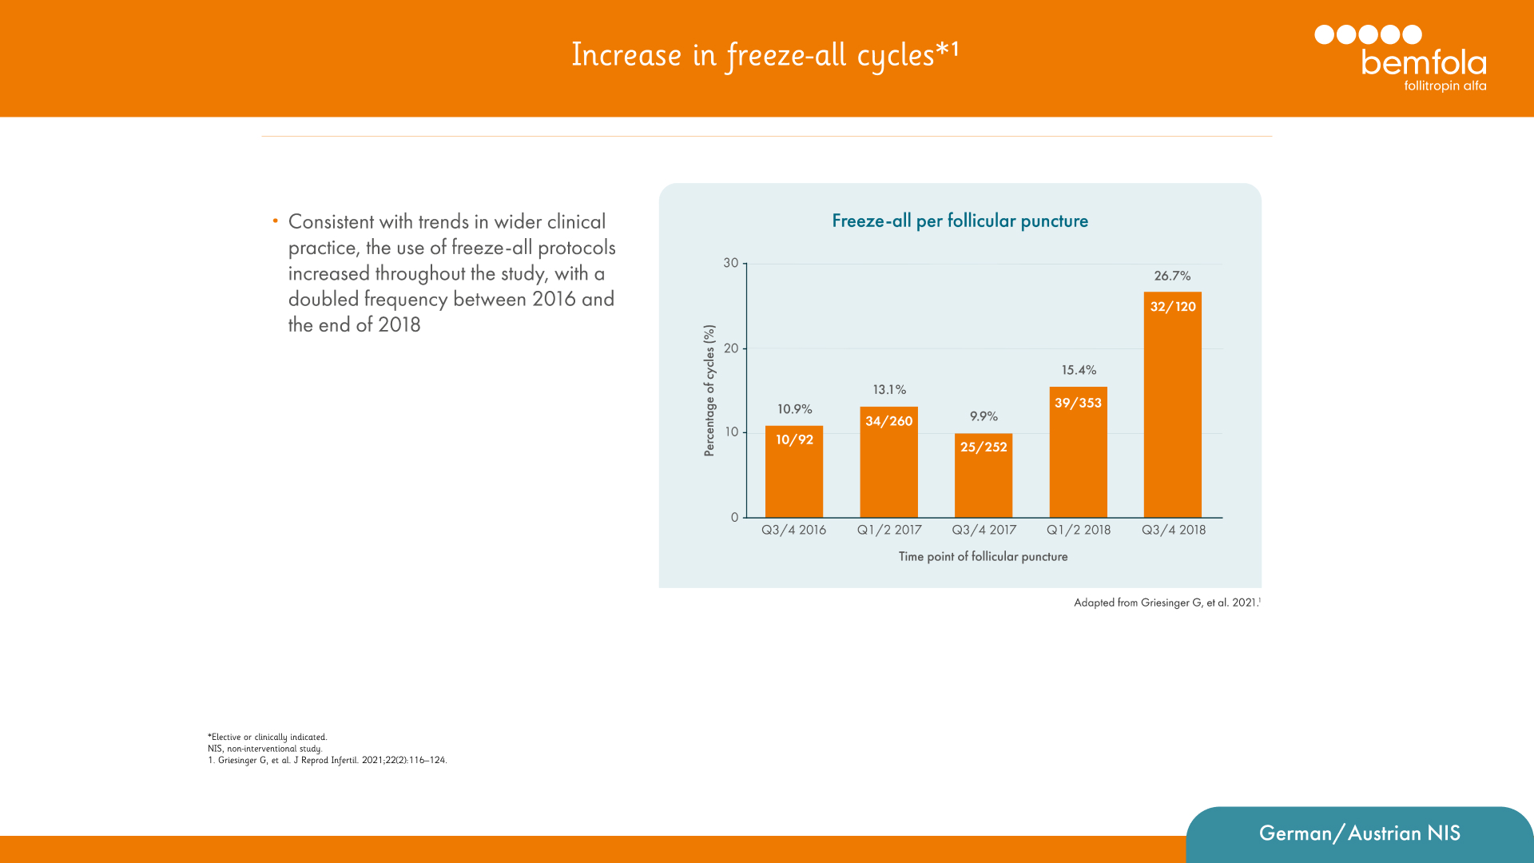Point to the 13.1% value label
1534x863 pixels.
(x=889, y=390)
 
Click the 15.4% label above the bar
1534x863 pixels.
(x=1079, y=370)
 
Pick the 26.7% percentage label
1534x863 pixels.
(x=1172, y=276)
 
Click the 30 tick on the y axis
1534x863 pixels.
(x=731, y=263)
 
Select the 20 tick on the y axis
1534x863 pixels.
(x=731, y=348)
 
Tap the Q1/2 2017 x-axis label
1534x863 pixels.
(x=889, y=530)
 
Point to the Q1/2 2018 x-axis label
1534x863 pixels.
(x=1079, y=530)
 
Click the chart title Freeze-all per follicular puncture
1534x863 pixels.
(x=960, y=221)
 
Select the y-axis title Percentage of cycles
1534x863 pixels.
(x=709, y=390)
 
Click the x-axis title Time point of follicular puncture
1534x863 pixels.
(x=983, y=556)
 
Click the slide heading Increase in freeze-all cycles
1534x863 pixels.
(x=765, y=54)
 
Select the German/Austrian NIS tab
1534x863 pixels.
(x=1359, y=833)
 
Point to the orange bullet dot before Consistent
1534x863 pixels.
(x=275, y=221)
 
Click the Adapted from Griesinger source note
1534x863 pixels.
(x=1166, y=603)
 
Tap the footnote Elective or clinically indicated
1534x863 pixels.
(x=268, y=737)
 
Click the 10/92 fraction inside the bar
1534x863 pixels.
(x=794, y=439)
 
